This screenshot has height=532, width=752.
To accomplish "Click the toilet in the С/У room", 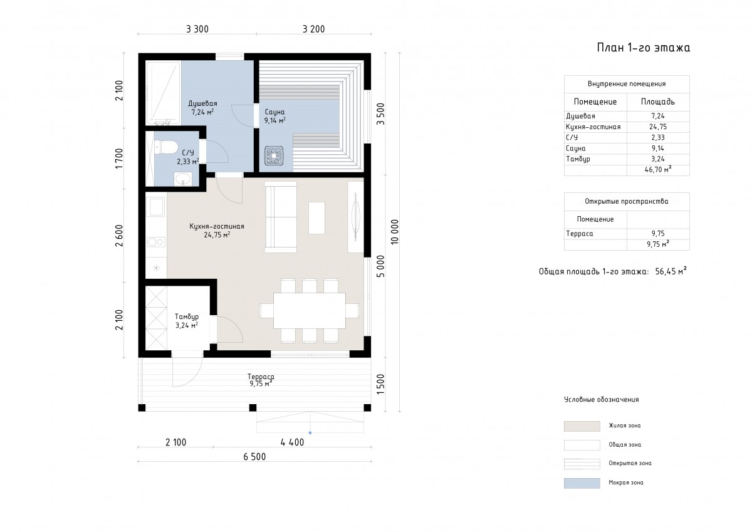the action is [166, 147].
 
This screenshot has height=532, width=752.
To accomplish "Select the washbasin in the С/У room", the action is [183, 179].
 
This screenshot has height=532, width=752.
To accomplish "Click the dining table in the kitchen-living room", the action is [310, 310].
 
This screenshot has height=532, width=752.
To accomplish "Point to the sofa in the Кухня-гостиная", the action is [281, 217].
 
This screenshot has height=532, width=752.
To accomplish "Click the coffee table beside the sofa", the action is [316, 218].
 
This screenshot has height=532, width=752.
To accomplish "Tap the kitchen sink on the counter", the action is [157, 207].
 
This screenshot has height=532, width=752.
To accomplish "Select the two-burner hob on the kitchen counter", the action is [156, 242].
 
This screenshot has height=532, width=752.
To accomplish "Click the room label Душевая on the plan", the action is [202, 103].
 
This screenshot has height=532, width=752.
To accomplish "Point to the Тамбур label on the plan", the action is [187, 316].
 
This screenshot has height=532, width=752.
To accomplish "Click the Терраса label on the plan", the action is [261, 377].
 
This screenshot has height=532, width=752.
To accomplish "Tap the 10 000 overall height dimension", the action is [395, 232].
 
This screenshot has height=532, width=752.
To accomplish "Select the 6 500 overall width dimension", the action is [254, 457].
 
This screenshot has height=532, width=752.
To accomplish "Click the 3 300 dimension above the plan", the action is [197, 29].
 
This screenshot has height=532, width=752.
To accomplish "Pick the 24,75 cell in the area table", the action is [658, 127].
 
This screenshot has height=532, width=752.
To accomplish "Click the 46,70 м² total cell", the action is [658, 170].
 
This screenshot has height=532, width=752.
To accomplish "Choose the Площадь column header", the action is [657, 102].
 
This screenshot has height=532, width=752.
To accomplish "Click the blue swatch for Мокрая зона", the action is [582, 483].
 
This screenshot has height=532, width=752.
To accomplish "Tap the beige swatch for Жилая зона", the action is [582, 426].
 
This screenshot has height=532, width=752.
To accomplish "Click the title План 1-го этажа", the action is [644, 48].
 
